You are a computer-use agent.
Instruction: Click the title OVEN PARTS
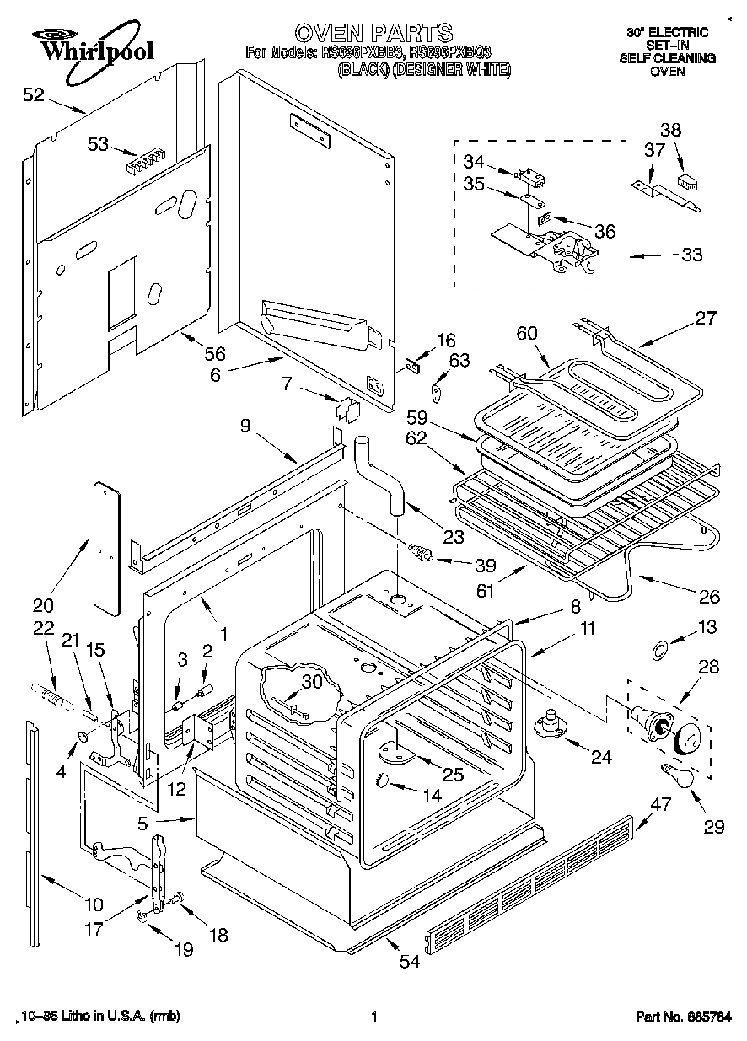(373, 33)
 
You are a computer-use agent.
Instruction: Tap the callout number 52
(33, 95)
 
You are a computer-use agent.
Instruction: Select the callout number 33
(691, 255)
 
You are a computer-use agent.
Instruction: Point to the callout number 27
(705, 318)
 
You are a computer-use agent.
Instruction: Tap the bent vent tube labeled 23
(379, 476)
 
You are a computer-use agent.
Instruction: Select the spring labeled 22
(53, 696)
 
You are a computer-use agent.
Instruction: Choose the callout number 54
(409, 962)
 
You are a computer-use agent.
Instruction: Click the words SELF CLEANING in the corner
(667, 58)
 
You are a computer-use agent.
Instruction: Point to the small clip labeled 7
(347, 410)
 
